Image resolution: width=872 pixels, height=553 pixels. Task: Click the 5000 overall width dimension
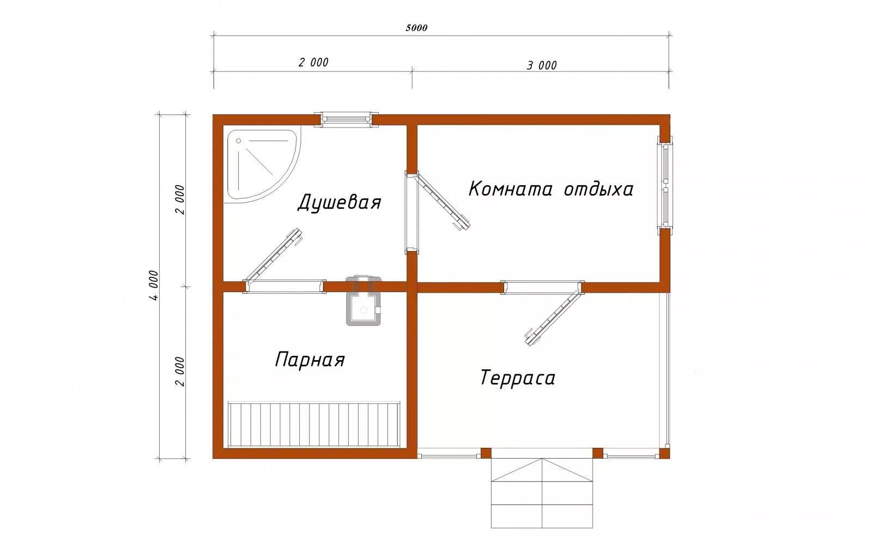[x=416, y=28]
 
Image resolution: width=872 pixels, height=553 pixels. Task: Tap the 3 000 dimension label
[x=542, y=65]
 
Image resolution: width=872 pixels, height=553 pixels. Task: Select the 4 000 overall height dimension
[x=154, y=285]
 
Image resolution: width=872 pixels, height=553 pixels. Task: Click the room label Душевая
[x=339, y=202]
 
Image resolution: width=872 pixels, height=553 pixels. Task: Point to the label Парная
[x=310, y=360]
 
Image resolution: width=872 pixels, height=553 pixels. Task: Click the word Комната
[x=510, y=189]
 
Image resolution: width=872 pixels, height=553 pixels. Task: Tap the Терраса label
[x=518, y=378]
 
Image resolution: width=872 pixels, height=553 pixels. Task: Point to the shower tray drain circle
[x=239, y=141]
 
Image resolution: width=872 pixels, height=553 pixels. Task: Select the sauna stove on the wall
[x=363, y=300]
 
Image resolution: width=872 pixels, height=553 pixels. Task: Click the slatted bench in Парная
[x=314, y=425]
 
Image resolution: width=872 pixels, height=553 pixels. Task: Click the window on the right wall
[x=665, y=185]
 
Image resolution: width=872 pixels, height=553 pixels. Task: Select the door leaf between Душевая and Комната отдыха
[x=442, y=202]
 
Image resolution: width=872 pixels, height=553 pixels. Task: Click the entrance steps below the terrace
[x=542, y=493]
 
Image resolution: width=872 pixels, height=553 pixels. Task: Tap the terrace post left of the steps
[x=486, y=453]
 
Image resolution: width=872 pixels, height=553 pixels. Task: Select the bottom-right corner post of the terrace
[x=664, y=453]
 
